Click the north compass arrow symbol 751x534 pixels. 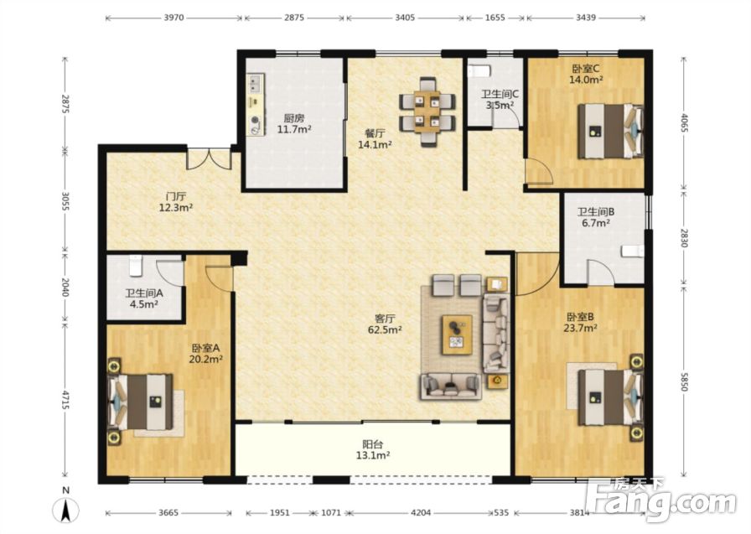(65, 509)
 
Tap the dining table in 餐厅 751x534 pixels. (427, 111)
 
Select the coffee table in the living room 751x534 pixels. (457, 334)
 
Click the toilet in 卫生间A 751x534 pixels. (136, 266)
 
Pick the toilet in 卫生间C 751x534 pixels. (479, 71)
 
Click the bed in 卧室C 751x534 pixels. (609, 131)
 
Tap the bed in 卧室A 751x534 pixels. (141, 402)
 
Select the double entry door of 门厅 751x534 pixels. (209, 159)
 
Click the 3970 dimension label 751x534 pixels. (174, 18)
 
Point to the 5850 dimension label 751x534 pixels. (683, 381)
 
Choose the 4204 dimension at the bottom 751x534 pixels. (421, 513)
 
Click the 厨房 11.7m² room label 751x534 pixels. (294, 123)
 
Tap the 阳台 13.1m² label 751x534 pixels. (373, 449)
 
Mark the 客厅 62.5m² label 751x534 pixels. (385, 324)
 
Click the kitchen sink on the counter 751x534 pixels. (255, 85)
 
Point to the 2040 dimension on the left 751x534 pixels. (65, 287)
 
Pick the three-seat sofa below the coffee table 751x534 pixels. (451, 386)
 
